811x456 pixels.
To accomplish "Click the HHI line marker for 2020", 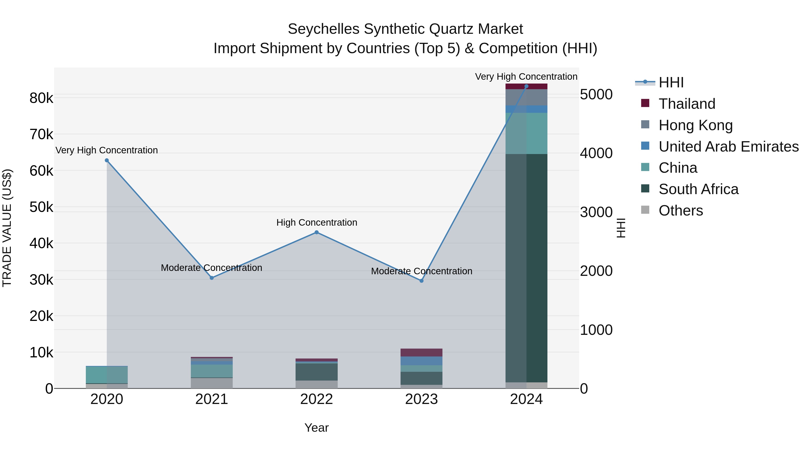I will (107, 161).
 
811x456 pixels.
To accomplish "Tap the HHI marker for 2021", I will (212, 278).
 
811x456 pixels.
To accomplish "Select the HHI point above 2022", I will (317, 233).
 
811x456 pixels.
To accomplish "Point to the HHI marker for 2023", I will (421, 281).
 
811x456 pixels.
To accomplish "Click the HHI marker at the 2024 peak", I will (526, 86).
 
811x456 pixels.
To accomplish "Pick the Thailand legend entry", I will (687, 104).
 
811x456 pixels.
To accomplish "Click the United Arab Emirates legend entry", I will (728, 147).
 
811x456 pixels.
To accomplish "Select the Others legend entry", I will (680, 211).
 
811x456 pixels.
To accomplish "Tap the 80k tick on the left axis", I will (41, 98).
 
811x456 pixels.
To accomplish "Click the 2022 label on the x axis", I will (317, 399).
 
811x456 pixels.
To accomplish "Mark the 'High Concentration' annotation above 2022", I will (317, 222).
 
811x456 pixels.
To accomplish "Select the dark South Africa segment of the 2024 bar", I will (526, 268).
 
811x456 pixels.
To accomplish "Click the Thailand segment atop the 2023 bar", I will (421, 352).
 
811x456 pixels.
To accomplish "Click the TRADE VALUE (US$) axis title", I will (7, 228).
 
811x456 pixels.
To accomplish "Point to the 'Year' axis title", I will (317, 428).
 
